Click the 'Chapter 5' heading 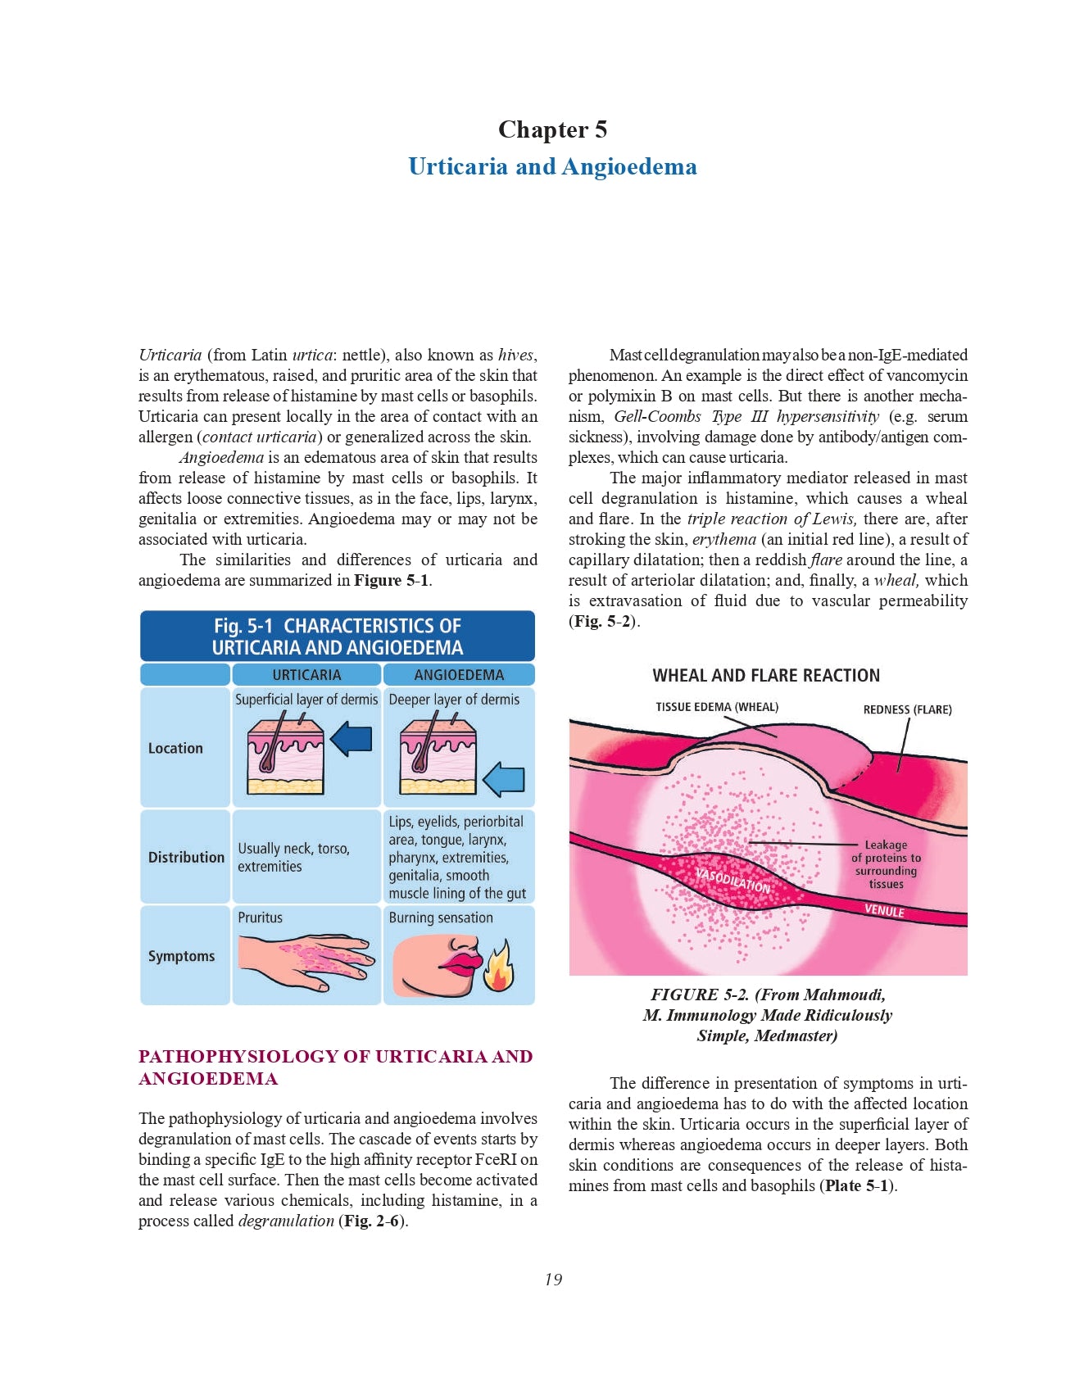552,129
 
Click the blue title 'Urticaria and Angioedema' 552,166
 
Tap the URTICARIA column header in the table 306,675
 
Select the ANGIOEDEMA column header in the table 459,675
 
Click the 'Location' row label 175,748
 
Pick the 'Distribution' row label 186,857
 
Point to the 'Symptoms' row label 181,956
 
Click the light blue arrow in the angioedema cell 503,779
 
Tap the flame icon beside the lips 498,967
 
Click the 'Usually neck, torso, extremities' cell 293,857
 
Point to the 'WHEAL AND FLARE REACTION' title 766,676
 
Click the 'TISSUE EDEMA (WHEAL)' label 717,707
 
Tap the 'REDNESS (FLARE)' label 907,709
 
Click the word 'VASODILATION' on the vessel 733,880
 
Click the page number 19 553,1280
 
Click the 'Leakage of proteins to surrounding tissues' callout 886,864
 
